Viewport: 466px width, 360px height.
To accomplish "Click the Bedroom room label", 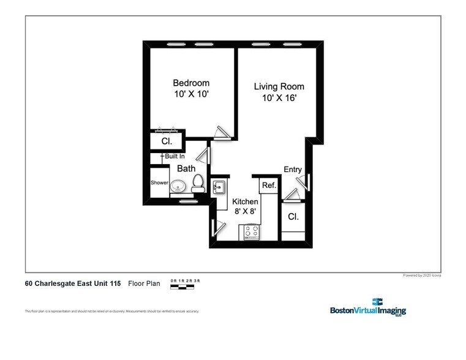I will click(190, 83).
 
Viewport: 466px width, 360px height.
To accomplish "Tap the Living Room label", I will click(279, 86).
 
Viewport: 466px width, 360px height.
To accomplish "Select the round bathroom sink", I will click(179, 186).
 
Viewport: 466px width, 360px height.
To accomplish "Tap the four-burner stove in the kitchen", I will click(251, 232).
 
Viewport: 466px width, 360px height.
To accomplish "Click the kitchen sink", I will click(219, 187).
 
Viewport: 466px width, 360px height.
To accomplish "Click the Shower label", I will click(159, 182).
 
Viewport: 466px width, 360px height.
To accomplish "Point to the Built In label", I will click(174, 157).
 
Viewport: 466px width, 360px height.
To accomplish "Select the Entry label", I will click(293, 170).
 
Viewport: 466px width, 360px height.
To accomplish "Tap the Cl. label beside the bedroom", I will click(167, 141).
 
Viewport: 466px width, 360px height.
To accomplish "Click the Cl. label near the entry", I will click(293, 217).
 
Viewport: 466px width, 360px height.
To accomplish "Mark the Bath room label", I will click(186, 168).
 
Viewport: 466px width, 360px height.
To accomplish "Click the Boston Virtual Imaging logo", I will click(368, 307).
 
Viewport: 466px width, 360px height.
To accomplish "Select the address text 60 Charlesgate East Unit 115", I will click(73, 283).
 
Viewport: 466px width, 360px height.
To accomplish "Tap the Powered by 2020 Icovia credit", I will click(421, 276).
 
